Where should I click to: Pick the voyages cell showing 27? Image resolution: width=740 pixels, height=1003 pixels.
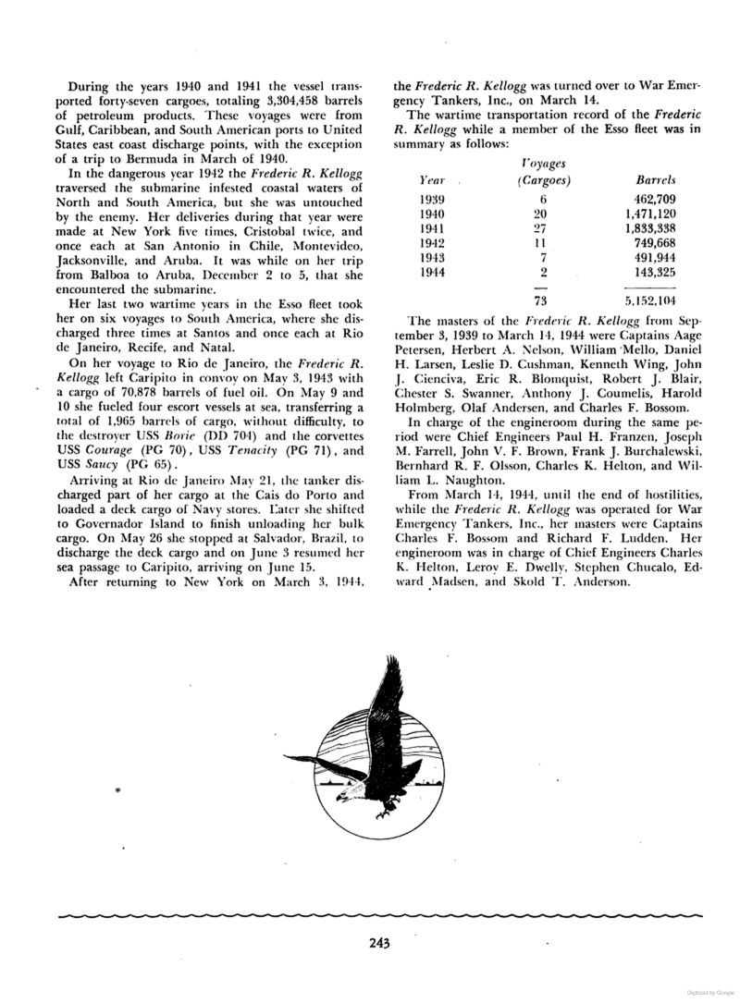coord(544,227)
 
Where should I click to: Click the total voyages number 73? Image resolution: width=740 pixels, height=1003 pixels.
coord(544,300)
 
